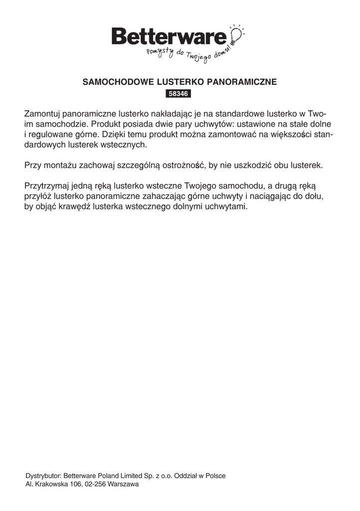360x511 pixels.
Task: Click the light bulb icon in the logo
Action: pos(236,34)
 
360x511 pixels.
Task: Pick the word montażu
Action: pos(57,165)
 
